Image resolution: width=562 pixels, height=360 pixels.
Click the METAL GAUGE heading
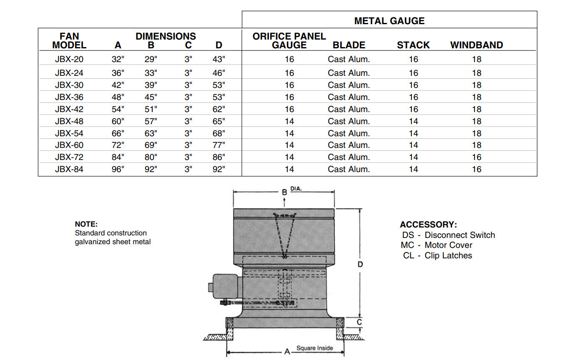tap(389, 21)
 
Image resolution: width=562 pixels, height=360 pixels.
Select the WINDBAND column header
tap(477, 45)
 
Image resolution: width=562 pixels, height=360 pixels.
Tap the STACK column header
tap(413, 45)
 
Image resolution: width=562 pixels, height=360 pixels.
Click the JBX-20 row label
tap(69, 59)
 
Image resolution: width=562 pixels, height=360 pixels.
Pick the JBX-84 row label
tap(69, 169)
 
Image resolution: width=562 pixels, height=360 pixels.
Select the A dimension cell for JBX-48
tap(118, 121)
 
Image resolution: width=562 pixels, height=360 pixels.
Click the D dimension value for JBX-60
tap(219, 145)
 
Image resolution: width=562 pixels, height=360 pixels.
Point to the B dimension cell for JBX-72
tap(151, 157)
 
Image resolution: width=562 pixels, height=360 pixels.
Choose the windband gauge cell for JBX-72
tap(477, 157)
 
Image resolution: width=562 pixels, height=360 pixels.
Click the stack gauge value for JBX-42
tap(414, 109)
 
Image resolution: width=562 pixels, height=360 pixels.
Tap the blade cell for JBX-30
tap(349, 85)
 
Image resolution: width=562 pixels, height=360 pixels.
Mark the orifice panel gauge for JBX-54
tap(289, 133)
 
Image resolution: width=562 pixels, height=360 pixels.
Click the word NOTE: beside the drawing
tap(86, 224)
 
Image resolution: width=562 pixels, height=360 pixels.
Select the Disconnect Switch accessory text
tap(459, 235)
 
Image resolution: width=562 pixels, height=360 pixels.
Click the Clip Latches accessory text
tap(448, 255)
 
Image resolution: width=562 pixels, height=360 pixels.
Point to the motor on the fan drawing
tap(225, 286)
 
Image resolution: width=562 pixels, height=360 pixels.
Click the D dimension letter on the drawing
tap(360, 264)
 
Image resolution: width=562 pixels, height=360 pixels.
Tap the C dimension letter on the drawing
tap(359, 322)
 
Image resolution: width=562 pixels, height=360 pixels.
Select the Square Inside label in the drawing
tap(315, 348)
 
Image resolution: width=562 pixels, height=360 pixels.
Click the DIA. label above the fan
tap(296, 189)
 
